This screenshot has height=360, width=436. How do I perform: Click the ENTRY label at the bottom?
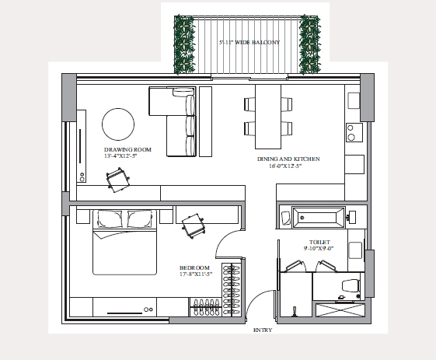pos(263,330)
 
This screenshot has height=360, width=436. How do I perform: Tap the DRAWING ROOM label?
pos(127,149)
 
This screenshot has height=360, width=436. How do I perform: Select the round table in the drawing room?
pos(118,124)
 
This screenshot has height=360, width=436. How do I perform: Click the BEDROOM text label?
pos(194,267)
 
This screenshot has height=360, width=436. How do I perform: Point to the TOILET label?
pos(319,242)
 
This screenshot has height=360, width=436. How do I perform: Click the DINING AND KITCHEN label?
pos(288,159)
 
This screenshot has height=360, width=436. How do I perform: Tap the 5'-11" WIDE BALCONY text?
pos(249,42)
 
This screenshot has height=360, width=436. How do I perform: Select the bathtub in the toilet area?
pos(319,217)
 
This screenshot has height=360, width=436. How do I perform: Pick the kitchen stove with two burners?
pos(354,132)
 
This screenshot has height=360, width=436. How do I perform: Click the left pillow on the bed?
pos(110,219)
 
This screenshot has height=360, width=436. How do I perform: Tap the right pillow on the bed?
pos(140,219)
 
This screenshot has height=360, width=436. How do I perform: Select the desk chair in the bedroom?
pos(194,226)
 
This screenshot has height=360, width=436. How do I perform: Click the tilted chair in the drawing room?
pos(118,180)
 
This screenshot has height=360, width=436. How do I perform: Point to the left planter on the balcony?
pos(184,44)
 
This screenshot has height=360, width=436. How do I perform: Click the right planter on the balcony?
pos(309,44)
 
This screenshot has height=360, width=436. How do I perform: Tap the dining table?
pos(268,117)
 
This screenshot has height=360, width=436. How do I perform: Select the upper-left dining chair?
pos(249,104)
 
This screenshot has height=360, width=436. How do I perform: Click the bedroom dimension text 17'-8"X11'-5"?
pos(196,274)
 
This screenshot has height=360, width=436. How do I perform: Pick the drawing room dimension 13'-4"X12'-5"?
pos(120,156)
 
